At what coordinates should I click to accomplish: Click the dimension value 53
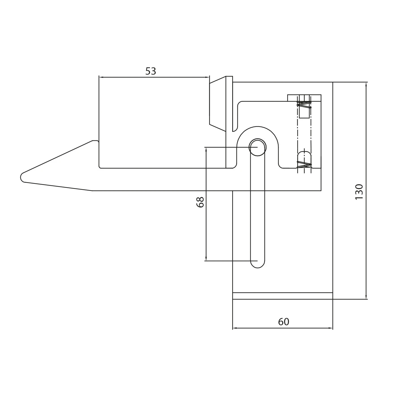[x=151, y=71]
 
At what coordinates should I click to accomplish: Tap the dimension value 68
[x=200, y=202]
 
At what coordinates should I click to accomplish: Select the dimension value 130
[x=359, y=192]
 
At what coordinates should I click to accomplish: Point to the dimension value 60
[x=284, y=322]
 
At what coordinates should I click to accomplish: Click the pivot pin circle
[x=257, y=147]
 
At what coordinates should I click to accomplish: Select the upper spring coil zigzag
[x=304, y=105]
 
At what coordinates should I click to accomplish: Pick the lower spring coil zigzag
[x=304, y=165]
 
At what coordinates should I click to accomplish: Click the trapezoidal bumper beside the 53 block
[x=218, y=104]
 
